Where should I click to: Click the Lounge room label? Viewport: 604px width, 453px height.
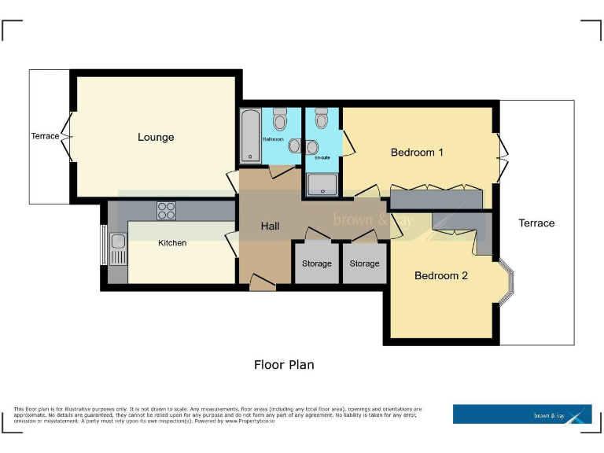click(x=156, y=137)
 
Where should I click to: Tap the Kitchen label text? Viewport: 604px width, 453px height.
click(x=172, y=243)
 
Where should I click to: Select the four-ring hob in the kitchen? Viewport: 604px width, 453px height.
click(x=166, y=210)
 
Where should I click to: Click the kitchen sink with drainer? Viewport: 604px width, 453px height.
click(x=118, y=249)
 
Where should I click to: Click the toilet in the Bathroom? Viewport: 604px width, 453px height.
click(x=280, y=120)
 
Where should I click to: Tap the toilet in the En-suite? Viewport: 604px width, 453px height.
click(x=320, y=120)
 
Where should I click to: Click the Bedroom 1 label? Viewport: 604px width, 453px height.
click(x=417, y=152)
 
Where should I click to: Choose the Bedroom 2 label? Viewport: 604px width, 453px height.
click(x=441, y=275)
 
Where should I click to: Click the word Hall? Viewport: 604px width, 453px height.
click(x=270, y=226)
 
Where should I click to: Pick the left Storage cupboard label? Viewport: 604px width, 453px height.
click(x=317, y=263)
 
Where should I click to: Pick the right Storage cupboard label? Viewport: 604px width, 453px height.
click(x=364, y=263)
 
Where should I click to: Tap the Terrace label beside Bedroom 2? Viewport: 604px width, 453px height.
click(x=536, y=223)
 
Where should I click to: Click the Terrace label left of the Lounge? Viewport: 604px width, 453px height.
click(x=45, y=136)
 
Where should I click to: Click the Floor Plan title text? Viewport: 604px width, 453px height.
click(x=284, y=365)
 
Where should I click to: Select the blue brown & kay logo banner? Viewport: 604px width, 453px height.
click(x=522, y=414)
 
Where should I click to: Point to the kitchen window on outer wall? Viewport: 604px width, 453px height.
click(x=103, y=245)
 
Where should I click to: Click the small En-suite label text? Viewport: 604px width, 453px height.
click(x=322, y=158)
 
